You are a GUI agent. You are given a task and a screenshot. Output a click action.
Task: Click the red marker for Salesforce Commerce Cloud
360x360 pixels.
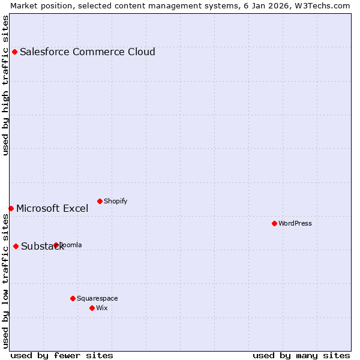click(x=14, y=52)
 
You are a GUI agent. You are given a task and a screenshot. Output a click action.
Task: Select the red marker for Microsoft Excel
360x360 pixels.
click(x=11, y=208)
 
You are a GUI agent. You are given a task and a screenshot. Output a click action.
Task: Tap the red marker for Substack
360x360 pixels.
click(x=16, y=246)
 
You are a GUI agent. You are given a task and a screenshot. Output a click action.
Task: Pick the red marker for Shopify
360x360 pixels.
click(x=100, y=201)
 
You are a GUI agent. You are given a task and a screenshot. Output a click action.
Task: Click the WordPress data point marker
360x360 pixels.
click(x=274, y=223)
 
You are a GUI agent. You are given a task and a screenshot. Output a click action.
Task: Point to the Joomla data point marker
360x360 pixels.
click(x=56, y=245)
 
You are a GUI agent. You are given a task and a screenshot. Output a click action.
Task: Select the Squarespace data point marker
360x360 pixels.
click(x=73, y=298)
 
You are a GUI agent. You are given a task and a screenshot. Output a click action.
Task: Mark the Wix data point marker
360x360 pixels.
click(x=92, y=308)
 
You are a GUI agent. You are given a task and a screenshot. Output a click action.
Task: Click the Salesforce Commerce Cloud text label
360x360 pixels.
click(x=88, y=52)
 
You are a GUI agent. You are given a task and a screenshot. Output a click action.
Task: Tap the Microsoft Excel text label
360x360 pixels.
click(x=52, y=209)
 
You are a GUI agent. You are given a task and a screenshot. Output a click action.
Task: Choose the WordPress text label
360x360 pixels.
click(x=295, y=223)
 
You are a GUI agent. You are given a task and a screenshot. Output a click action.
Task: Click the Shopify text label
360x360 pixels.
click(x=115, y=201)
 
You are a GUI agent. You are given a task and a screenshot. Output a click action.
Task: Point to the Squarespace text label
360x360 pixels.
click(x=97, y=298)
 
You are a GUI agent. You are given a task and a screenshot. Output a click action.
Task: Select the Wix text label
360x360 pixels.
click(x=102, y=308)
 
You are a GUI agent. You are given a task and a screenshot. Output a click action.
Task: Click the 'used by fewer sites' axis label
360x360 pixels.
click(x=62, y=355)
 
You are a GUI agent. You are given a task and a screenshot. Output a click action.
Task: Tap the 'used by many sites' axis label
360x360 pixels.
click(x=301, y=355)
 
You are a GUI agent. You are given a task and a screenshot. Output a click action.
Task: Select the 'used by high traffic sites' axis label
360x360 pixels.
click(x=5, y=85)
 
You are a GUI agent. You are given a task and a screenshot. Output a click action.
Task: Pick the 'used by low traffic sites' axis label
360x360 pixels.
click(x=5, y=282)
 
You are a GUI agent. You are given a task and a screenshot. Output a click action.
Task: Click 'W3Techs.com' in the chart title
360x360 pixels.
click(x=324, y=5)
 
